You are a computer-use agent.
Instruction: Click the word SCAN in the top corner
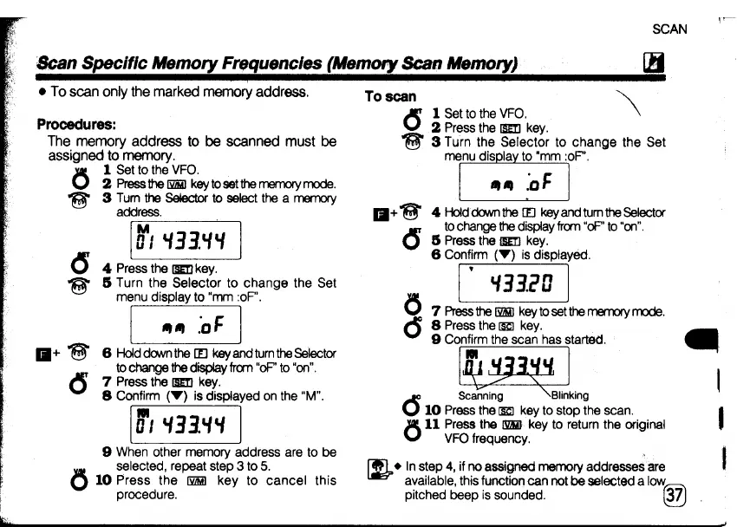click(x=669, y=29)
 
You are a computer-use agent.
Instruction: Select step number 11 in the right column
click(x=434, y=425)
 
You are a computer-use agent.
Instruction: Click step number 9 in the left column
click(x=107, y=452)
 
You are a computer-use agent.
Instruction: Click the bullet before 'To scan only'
click(x=42, y=92)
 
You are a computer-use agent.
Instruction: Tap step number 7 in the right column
click(x=435, y=311)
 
